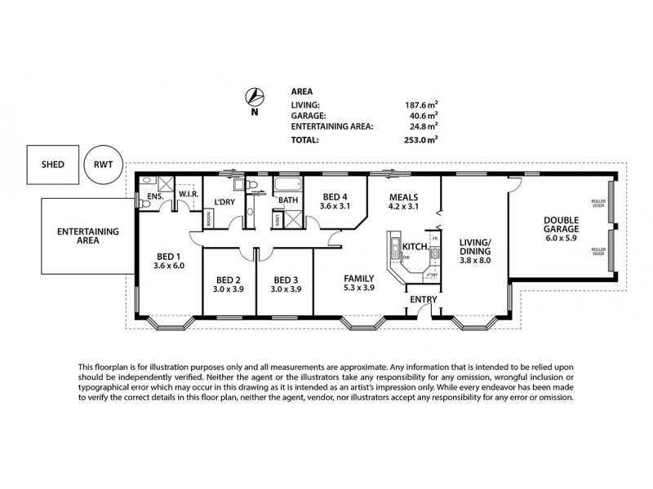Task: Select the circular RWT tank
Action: [104, 164]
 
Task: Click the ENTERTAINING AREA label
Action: [88, 236]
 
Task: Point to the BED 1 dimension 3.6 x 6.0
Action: [171, 265]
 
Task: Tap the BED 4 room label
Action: [336, 196]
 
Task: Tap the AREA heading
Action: [302, 92]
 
